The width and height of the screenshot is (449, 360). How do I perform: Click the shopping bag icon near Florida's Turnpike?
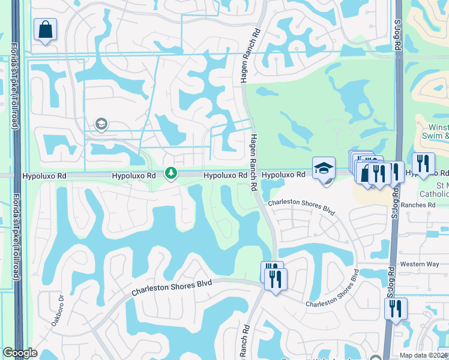point(45,29)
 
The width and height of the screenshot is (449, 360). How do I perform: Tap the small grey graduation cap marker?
point(101,125)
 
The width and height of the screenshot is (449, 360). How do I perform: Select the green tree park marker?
point(172,173)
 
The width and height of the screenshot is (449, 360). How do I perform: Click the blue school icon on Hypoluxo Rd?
point(324,169)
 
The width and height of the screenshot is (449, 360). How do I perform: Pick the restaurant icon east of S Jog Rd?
point(423,164)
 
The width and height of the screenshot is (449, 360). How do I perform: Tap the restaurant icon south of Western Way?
point(396,309)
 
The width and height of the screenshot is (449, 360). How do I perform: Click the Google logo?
point(20,353)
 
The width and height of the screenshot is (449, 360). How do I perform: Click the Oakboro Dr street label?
point(58,308)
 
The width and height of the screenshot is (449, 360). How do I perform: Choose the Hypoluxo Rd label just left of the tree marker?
point(133,176)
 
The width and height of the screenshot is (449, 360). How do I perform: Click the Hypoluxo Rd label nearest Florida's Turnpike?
point(44,176)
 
